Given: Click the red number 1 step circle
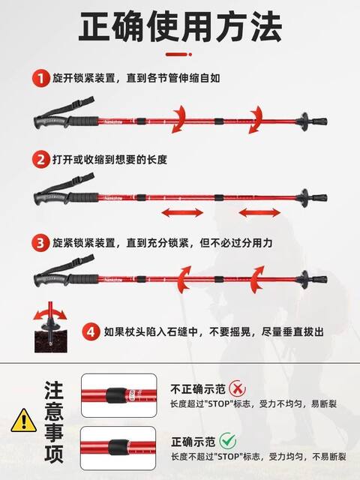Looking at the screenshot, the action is pyautogui.click(x=40, y=78).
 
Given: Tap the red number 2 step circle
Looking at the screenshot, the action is pyautogui.click(x=40, y=159).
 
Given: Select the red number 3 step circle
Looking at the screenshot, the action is pyautogui.click(x=40, y=243).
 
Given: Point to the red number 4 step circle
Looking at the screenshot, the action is pyautogui.click(x=91, y=331).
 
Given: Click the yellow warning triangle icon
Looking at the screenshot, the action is pyautogui.click(x=23, y=421).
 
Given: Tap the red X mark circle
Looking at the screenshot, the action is pyautogui.click(x=238, y=388).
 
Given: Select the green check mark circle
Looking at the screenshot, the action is pyautogui.click(x=228, y=441).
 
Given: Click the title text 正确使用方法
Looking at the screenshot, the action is pyautogui.click(x=180, y=26).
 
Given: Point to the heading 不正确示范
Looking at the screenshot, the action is pyautogui.click(x=198, y=389).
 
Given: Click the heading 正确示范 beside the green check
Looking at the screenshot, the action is pyautogui.click(x=193, y=442).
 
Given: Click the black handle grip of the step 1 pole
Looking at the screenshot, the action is pyautogui.click(x=66, y=121).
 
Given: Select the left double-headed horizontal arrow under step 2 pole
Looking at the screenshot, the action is pyautogui.click(x=182, y=212).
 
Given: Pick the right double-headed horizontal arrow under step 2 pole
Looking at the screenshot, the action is pyautogui.click(x=259, y=212).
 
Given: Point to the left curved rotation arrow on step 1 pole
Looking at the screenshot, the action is pyautogui.click(x=179, y=119).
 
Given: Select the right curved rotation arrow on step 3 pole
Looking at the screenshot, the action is pyautogui.click(x=256, y=279).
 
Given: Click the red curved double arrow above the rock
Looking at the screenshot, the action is pyautogui.click(x=50, y=313).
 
